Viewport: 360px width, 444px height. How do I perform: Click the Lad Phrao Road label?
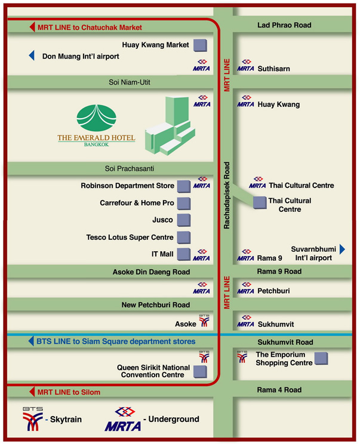pyautogui.click(x=284, y=25)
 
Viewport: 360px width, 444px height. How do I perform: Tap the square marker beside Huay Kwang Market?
pyautogui.click(x=200, y=45)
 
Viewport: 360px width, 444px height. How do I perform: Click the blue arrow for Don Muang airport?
pyautogui.click(x=32, y=55)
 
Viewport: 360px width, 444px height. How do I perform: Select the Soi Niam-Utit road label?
pyautogui.click(x=130, y=82)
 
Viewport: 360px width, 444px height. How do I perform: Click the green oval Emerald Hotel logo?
pyautogui.click(x=96, y=118)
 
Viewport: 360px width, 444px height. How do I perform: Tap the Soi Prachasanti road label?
pyautogui.click(x=130, y=169)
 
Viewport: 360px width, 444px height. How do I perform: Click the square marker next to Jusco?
pyautogui.click(x=184, y=220)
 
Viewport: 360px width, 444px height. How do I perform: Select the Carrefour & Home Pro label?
pyautogui.click(x=137, y=203)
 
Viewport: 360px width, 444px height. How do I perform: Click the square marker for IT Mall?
pyautogui.click(x=184, y=254)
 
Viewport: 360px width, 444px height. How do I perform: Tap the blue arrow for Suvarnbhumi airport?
pyautogui.click(x=342, y=249)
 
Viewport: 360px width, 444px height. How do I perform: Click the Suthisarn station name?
pyautogui.click(x=273, y=69)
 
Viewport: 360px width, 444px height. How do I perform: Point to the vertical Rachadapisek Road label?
pyautogui.click(x=227, y=195)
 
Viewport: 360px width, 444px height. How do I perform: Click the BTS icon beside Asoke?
pyautogui.click(x=204, y=320)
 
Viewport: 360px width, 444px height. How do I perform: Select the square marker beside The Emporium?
pyautogui.click(x=321, y=359)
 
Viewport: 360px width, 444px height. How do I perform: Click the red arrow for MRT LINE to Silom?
pyautogui.click(x=32, y=392)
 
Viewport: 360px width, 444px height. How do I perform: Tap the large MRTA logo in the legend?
pyautogui.click(x=123, y=420)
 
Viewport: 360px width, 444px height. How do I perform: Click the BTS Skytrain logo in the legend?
pyautogui.click(x=33, y=419)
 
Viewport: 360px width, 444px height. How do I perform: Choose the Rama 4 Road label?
pyautogui.click(x=279, y=390)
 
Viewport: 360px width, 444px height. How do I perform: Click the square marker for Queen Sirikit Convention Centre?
pyautogui.click(x=200, y=372)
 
